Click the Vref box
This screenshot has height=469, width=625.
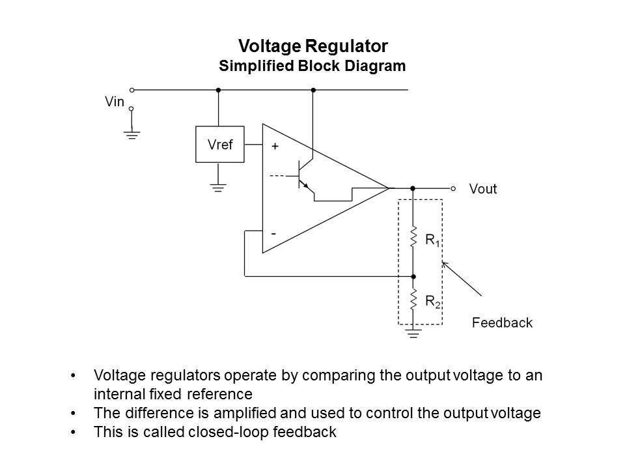219,145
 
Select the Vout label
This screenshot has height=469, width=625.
483,189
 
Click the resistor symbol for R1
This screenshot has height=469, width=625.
413,238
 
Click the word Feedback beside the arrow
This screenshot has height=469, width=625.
501,322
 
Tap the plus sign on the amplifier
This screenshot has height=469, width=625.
275,147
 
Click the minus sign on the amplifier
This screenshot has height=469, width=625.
274,233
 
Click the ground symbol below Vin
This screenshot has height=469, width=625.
132,135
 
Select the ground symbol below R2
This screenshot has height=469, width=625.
413,334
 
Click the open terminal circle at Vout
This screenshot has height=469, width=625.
453,188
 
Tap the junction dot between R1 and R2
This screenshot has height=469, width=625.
413,276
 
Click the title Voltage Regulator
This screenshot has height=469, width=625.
313,46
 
